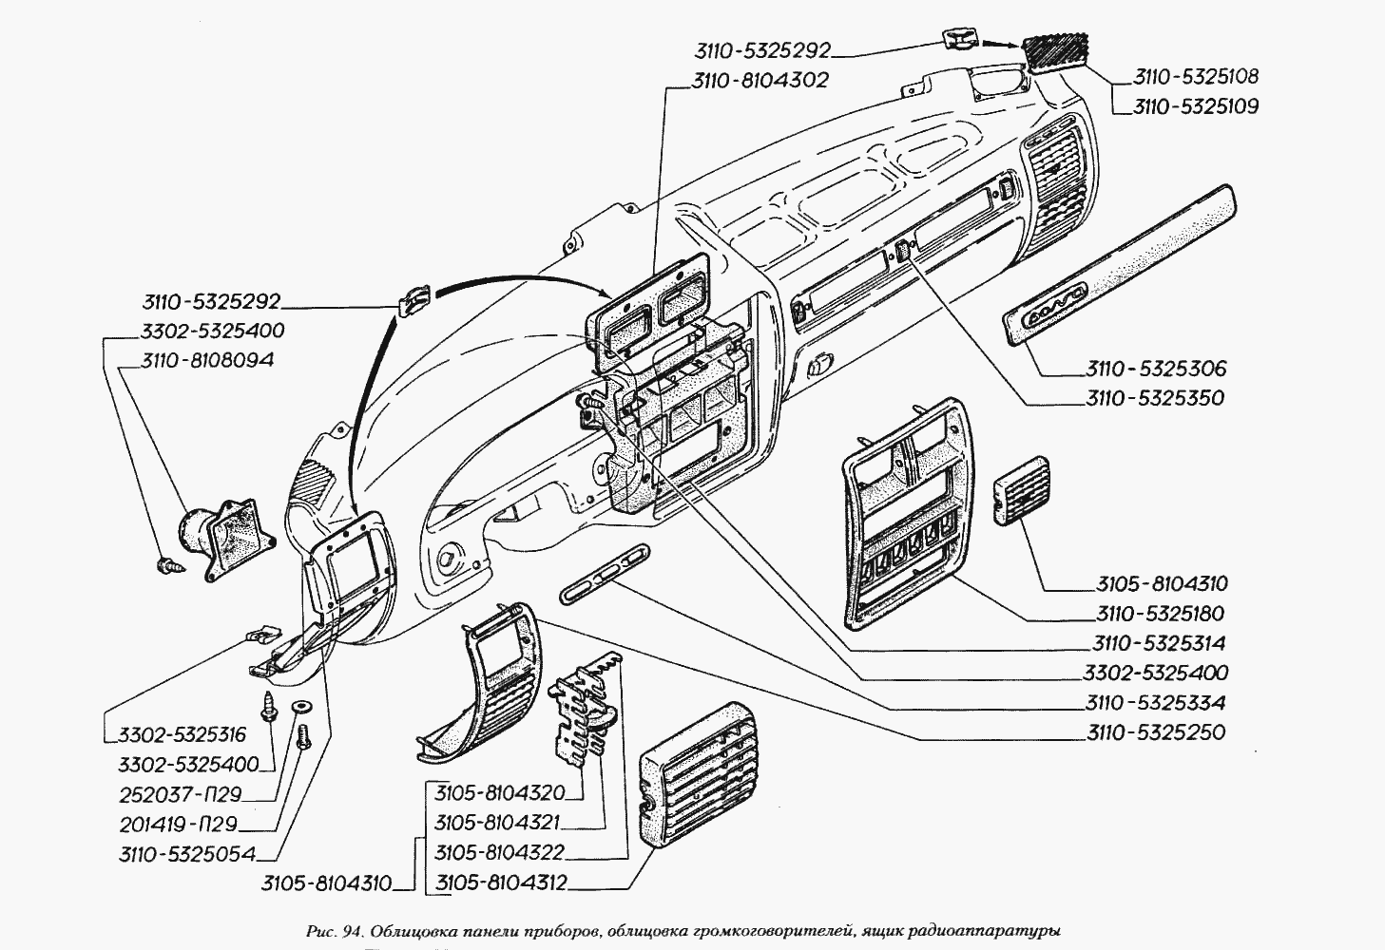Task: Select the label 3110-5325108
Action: point(1195,77)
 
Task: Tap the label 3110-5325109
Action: point(1195,107)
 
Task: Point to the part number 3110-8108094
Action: point(208,361)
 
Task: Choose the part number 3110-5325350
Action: point(1155,398)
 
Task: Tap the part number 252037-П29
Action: point(181,794)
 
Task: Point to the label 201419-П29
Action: point(178,824)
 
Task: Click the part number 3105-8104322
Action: point(500,852)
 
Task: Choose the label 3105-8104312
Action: point(501,883)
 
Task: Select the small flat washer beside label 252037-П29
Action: point(301,706)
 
